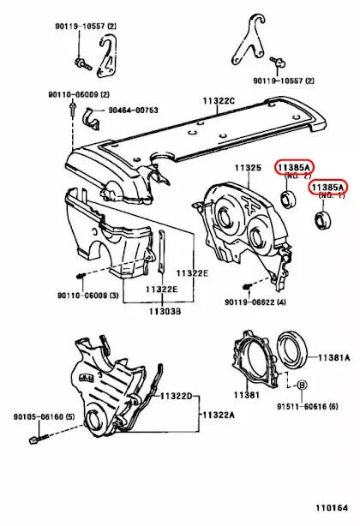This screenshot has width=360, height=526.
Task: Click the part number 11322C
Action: tap(219, 102)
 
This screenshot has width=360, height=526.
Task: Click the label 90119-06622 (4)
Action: tap(255, 302)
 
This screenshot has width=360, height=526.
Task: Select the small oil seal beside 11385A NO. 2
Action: tap(290, 201)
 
